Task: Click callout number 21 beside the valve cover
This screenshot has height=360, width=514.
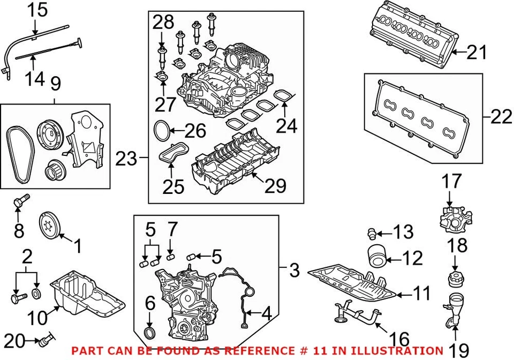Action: (x=477, y=52)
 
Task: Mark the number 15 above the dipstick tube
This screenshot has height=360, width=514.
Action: (x=37, y=9)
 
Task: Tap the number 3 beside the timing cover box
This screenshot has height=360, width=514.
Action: (x=293, y=271)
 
